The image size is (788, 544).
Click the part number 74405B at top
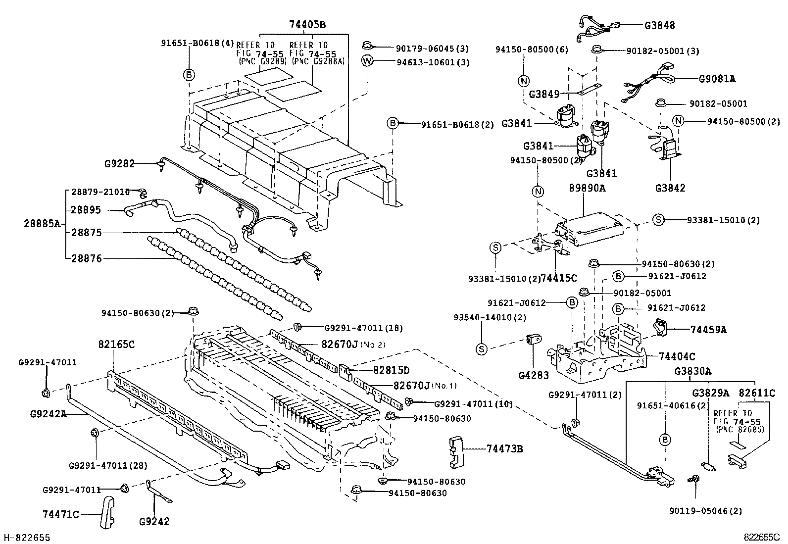[x=307, y=25]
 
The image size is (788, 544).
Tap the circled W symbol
[x=367, y=62]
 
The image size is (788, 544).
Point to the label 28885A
[x=42, y=224]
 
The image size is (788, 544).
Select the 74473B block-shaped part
[x=456, y=451]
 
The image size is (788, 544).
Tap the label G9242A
[x=48, y=414]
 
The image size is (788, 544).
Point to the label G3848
[x=659, y=25]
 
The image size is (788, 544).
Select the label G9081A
[x=717, y=78]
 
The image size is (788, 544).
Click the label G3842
[x=670, y=188]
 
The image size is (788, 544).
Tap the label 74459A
[x=708, y=330]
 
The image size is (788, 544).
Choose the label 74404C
[x=677, y=356]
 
